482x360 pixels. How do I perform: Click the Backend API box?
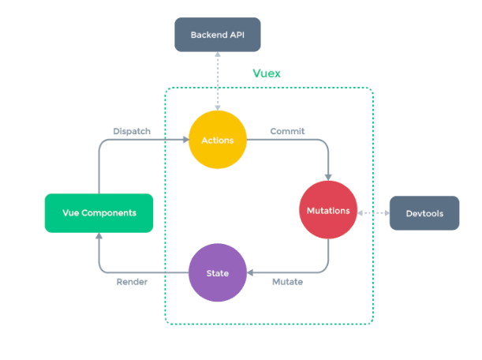tap(217, 36)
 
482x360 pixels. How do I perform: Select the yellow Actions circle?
tap(218, 141)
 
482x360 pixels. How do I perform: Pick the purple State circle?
tap(218, 273)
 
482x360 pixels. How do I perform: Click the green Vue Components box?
tap(99, 213)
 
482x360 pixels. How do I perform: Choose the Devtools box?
tap(424, 213)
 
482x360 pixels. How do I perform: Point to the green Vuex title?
tap(267, 73)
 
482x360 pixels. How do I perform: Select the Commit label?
tap(287, 131)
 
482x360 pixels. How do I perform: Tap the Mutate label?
tap(287, 282)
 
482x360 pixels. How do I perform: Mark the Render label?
tap(132, 282)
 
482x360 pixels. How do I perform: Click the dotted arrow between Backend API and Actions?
tap(218, 83)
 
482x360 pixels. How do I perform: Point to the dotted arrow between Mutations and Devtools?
tap(374, 213)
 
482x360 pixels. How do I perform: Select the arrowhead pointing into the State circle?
tap(251, 273)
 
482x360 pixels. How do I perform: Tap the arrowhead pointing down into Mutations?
tap(328, 178)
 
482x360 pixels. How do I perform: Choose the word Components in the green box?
tap(110, 213)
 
